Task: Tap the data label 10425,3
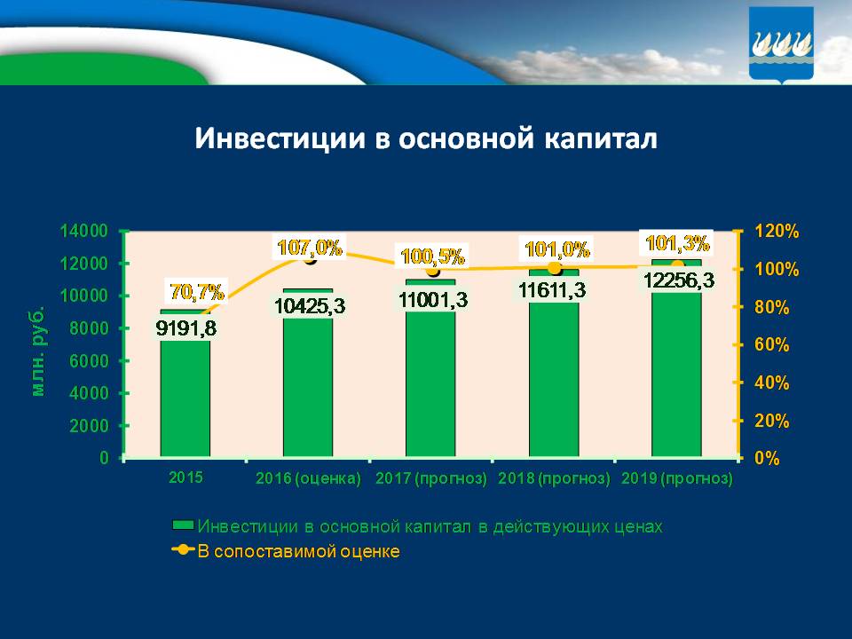pos(309,306)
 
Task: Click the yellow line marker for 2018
pos(554,268)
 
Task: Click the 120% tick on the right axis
pos(777,232)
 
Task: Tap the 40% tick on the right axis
pos(772,383)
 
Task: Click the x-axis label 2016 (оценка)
pos(308,479)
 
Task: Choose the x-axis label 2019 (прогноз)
pos(677,479)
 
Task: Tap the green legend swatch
pos(184,526)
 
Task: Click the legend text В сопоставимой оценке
pos(298,551)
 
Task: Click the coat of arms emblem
pos(781,44)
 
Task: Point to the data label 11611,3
pos(554,290)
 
